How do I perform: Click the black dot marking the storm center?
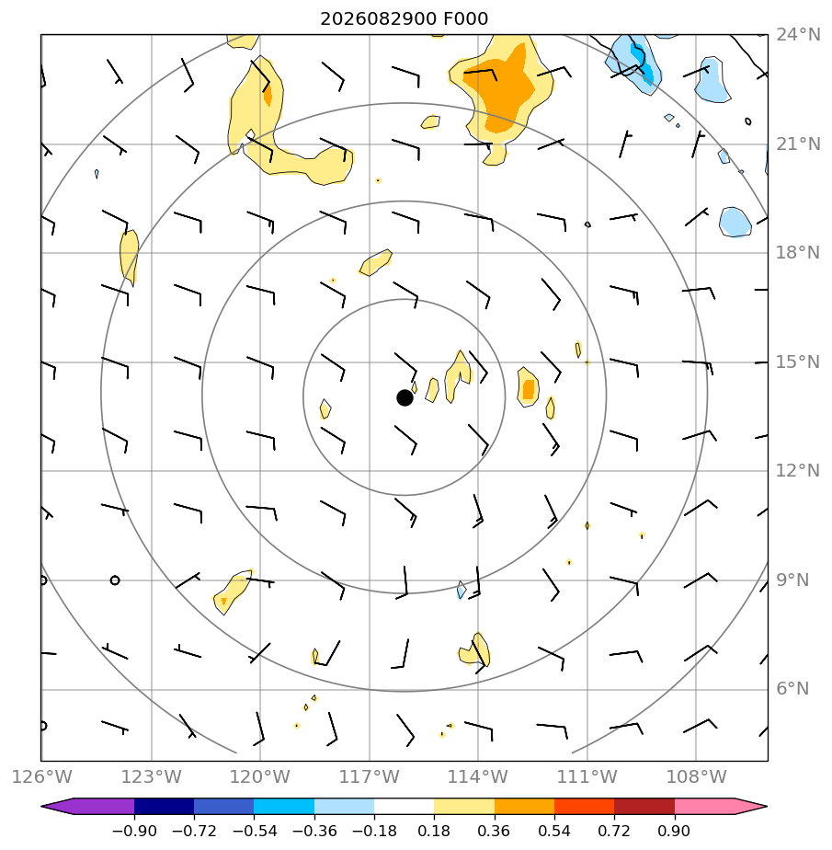tap(405, 398)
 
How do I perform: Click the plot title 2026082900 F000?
tap(405, 19)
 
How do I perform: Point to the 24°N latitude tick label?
tap(798, 35)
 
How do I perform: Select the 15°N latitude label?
tap(798, 362)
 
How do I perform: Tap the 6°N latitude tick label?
tap(792, 688)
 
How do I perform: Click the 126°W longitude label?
tap(41, 776)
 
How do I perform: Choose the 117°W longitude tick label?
tap(369, 776)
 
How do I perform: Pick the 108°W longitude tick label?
tap(696, 776)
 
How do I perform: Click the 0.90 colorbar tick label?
tap(674, 831)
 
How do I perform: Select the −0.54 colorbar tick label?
tap(254, 831)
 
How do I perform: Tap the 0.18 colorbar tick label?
tap(434, 831)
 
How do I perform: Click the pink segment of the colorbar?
tap(704, 806)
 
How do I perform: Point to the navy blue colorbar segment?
tap(165, 806)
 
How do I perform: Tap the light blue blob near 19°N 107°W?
tap(735, 222)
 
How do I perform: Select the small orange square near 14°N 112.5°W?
tap(528, 389)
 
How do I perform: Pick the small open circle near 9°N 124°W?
tap(114, 580)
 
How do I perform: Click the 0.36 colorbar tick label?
tap(494, 831)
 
